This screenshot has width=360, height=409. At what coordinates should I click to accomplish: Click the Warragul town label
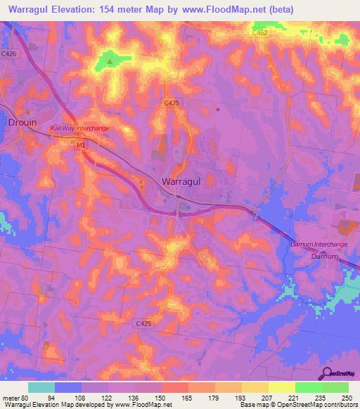[x=181, y=181]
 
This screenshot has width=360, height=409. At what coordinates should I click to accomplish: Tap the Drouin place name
[x=22, y=122]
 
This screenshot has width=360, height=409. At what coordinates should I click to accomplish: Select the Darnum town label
[x=326, y=257]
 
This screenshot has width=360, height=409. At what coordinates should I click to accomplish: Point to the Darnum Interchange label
[x=319, y=244]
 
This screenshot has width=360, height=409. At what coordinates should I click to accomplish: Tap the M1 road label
[x=81, y=145]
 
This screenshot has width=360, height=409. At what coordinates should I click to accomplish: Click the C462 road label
[x=261, y=32]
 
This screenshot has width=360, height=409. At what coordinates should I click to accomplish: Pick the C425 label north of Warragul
[x=172, y=103]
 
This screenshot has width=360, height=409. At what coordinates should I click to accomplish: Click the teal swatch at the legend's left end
[x=41, y=387]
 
